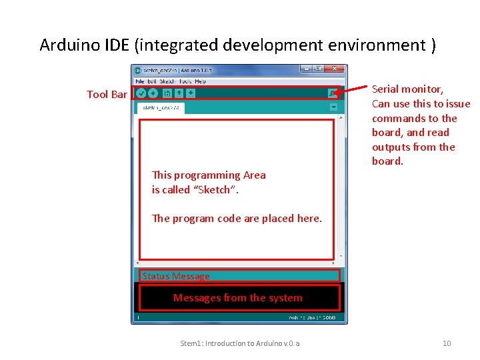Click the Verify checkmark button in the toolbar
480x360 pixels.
[141, 93]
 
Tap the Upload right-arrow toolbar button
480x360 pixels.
[153, 93]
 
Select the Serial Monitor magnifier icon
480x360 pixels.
[332, 94]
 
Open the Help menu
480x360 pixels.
[200, 81]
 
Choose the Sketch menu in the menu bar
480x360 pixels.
[167, 81]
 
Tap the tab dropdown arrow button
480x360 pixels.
[333, 107]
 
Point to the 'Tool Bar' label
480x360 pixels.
[107, 95]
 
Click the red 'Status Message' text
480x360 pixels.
[176, 276]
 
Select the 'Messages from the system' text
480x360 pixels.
[237, 298]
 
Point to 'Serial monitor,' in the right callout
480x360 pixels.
[407, 89]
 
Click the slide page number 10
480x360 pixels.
[447, 343]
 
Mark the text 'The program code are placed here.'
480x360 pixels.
[237, 218]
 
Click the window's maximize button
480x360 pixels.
[319, 69]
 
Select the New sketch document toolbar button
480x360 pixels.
[167, 93]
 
